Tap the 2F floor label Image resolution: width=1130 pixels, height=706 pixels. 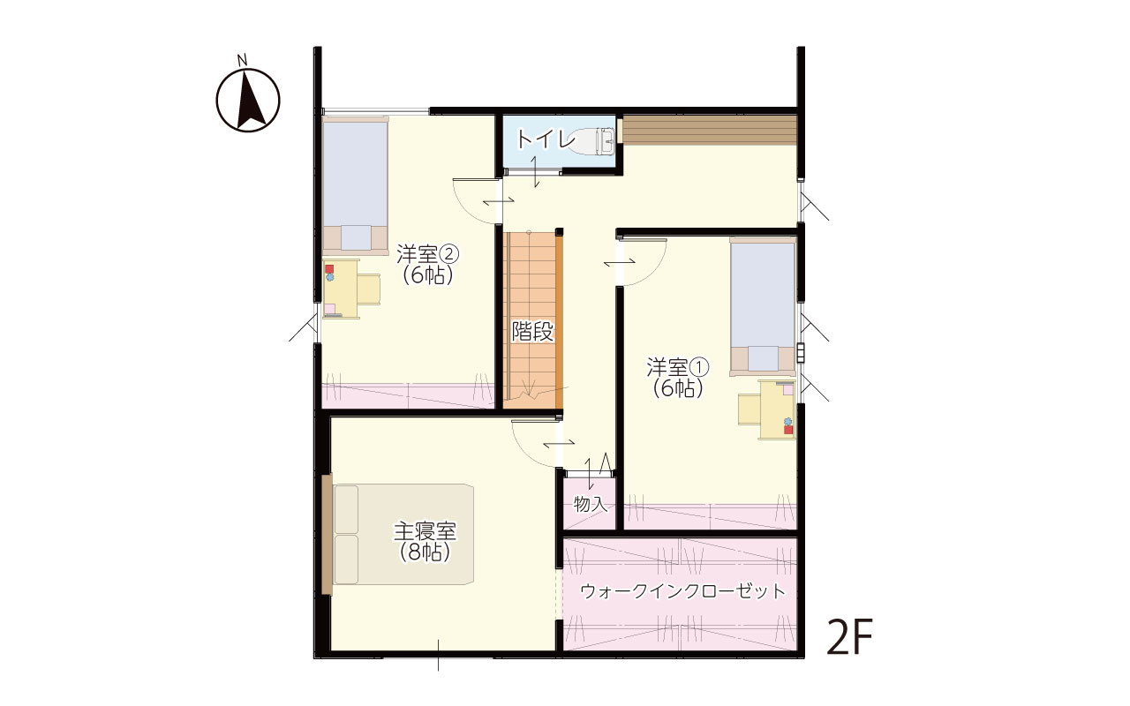[x=849, y=636]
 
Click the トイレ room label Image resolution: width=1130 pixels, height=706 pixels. [x=546, y=140]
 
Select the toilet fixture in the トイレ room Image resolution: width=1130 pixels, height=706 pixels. [x=591, y=140]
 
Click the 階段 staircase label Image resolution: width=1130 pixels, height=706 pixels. [x=532, y=331]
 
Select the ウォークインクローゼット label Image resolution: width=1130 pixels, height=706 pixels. [x=683, y=591]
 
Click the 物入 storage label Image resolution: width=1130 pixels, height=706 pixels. [x=590, y=503]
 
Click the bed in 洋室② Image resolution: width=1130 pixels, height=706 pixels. [x=355, y=185]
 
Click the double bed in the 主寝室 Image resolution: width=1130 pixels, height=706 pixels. [x=403, y=535]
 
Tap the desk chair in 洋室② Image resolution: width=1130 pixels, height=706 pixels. [x=369, y=289]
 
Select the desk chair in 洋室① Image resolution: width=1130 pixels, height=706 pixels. [x=750, y=409]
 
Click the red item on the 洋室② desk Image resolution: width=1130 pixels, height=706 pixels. [x=329, y=269]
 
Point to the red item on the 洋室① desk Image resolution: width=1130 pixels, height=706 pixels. [x=788, y=430]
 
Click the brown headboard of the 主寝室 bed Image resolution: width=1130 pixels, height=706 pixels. [x=328, y=535]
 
